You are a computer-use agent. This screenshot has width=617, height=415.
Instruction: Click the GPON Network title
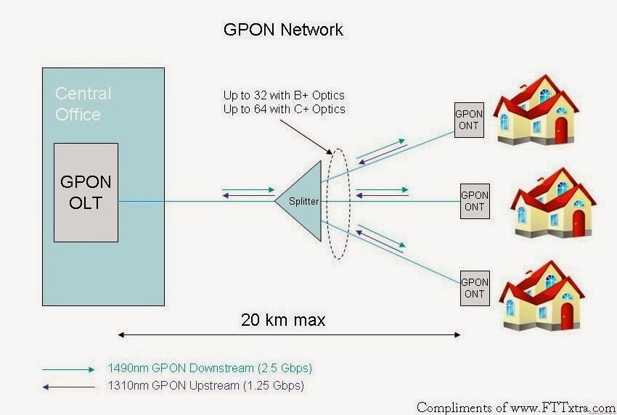point(282,30)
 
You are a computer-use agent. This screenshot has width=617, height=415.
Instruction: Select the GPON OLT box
point(86,192)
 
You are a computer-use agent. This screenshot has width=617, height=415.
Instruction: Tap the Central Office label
point(83,104)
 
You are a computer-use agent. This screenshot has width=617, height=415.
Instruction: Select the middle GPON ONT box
point(475,201)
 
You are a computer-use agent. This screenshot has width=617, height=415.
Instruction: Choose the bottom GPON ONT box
point(475,287)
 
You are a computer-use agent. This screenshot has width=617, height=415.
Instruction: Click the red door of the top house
point(560,131)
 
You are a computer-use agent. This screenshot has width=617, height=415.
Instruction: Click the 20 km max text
point(283,320)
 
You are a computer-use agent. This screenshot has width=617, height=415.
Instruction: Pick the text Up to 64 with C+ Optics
point(285,109)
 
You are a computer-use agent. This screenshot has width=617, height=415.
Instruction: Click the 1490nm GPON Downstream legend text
point(211,369)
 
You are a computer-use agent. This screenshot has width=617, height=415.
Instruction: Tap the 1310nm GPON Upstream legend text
point(205,385)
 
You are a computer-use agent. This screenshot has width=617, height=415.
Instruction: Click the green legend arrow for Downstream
point(68,369)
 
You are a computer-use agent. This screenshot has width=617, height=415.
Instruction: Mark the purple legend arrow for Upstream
point(68,385)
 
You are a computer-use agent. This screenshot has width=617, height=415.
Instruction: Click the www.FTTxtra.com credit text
point(559,407)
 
